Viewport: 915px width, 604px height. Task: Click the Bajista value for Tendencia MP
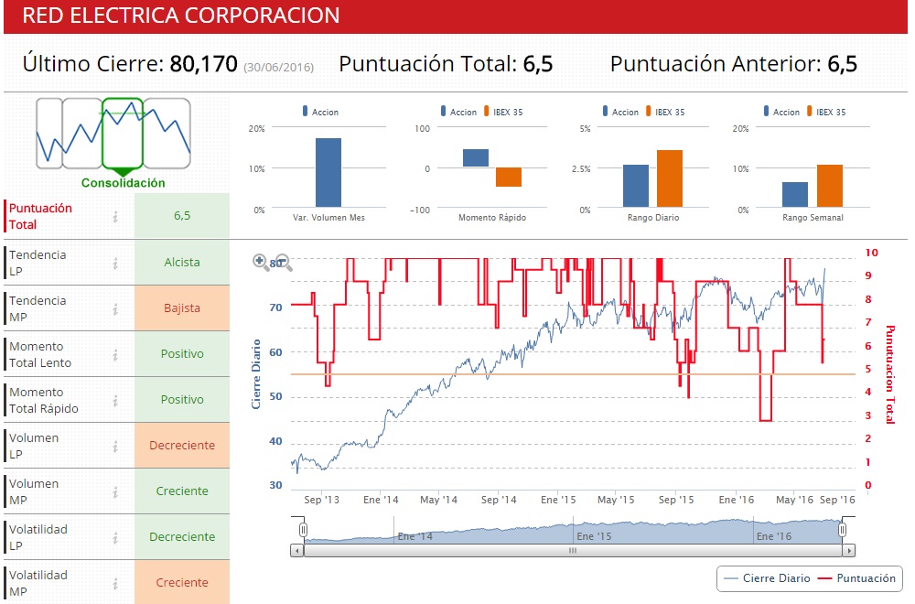coord(181,308)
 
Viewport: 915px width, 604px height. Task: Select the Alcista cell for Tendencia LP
coord(181,263)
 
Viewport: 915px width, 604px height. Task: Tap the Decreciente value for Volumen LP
coord(181,446)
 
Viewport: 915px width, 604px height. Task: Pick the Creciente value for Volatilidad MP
coord(181,583)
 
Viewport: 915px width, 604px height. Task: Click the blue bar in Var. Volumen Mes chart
coord(328,172)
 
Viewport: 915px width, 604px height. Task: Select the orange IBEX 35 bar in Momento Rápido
coord(509,178)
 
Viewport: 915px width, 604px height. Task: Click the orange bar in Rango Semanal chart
coord(829,186)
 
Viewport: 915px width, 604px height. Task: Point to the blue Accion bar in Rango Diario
coord(636,186)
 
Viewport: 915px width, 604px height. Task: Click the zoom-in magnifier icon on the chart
coord(261,262)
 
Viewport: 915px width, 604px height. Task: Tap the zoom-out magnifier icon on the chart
coord(284,264)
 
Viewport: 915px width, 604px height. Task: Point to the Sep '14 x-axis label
coord(499,501)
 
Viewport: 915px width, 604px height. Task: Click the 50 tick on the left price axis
coord(274,397)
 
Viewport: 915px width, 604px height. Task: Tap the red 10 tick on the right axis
coord(871,253)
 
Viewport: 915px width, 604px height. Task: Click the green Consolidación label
coord(124,183)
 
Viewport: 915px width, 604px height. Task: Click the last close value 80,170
coord(203,64)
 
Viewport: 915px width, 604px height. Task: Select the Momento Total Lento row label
coord(40,355)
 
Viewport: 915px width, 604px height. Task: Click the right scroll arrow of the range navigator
coord(849,551)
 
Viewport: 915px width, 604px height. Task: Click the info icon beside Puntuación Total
coord(115,217)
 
